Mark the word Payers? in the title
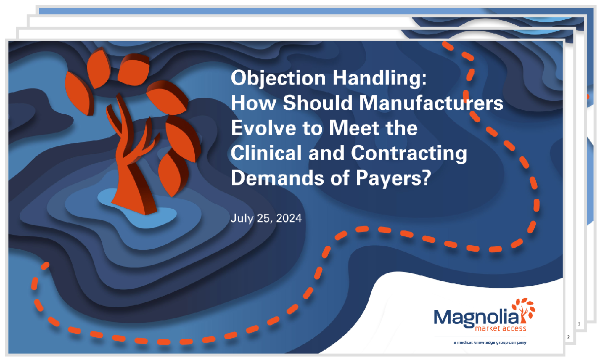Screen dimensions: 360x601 pyautogui.click(x=393, y=179)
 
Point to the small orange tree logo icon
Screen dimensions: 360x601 pyautogui.click(x=524, y=310)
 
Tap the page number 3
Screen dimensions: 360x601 pyautogui.click(x=579, y=324)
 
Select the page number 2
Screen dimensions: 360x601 pyautogui.click(x=568, y=337)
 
